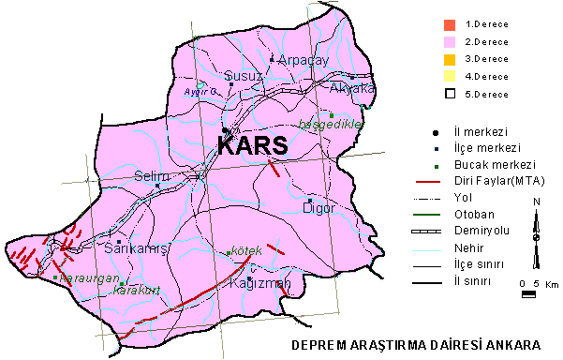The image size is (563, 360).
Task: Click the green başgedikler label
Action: point(329,125)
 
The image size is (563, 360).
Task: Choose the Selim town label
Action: point(150,176)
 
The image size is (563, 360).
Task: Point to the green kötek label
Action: point(244,252)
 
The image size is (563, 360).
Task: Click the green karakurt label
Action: point(132,289)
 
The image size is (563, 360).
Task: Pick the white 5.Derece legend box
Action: point(450,94)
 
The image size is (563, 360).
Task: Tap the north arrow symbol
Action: point(535,226)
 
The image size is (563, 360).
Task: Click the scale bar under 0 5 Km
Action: point(528,294)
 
